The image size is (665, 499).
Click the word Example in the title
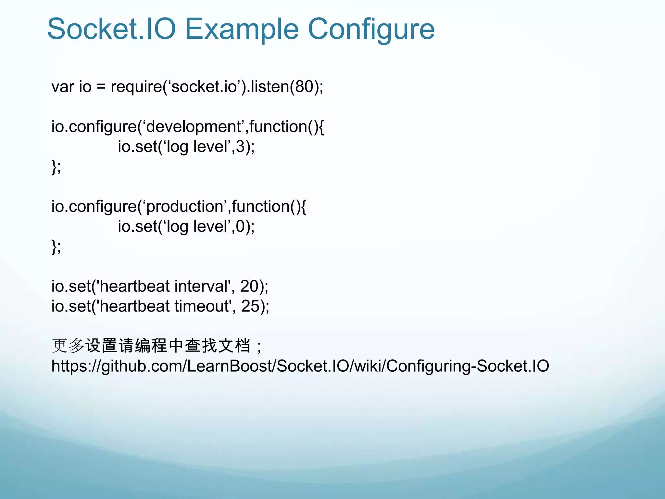[242, 29]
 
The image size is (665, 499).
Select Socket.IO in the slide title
[111, 29]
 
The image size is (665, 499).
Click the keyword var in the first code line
[63, 87]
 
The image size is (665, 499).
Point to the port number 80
[304, 87]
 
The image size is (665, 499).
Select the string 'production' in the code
[184, 207]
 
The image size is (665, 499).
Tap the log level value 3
[240, 147]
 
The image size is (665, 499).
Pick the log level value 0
[240, 226]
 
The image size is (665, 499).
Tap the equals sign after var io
[101, 87]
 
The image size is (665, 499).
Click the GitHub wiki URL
[300, 366]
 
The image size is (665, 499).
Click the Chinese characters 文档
[234, 345]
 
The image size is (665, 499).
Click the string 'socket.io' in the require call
[204, 87]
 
